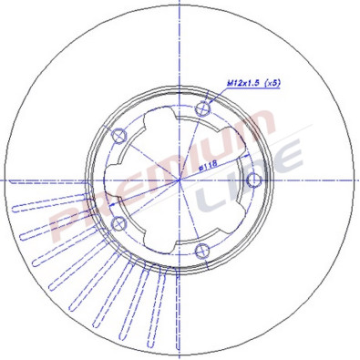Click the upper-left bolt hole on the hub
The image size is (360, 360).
point(118,137)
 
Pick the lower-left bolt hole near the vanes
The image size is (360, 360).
point(118,223)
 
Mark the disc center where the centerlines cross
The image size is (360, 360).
point(180,180)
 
